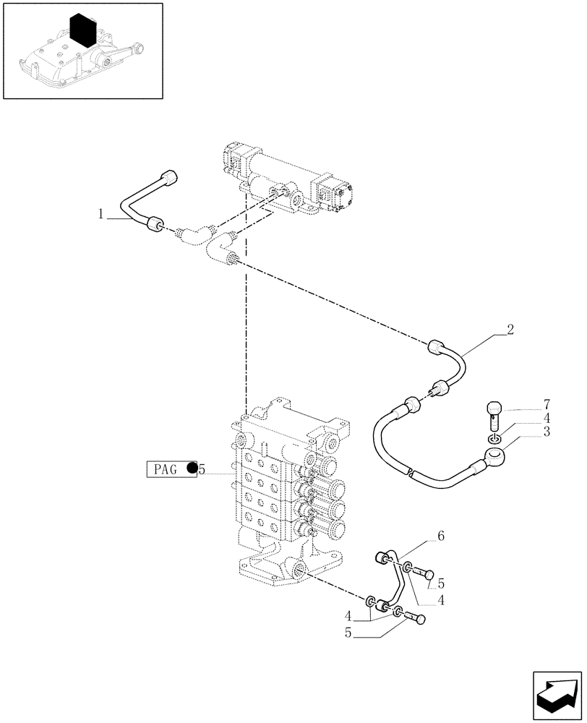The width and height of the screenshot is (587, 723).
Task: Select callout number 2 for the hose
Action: [510, 330]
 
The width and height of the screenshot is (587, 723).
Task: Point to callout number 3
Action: [547, 432]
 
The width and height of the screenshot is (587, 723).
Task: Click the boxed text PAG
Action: [165, 469]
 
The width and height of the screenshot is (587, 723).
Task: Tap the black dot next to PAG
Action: [192, 469]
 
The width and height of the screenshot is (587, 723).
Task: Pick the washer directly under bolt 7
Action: [494, 438]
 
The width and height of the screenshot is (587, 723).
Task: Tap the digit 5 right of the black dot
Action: [202, 469]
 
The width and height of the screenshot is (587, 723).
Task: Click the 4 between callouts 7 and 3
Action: [547, 417]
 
